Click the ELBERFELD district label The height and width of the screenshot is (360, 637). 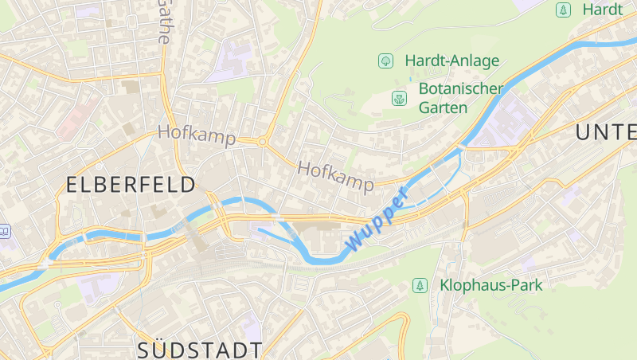[131, 186]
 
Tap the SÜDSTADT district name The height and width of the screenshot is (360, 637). [199, 350]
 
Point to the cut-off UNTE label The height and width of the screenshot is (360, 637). [607, 133]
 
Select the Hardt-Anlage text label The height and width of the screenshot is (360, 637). [451, 61]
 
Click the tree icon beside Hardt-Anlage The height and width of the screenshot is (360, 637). [385, 61]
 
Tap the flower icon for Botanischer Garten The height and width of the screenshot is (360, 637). [398, 99]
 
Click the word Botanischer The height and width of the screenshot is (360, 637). [460, 88]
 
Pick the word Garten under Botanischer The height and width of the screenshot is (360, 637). [443, 108]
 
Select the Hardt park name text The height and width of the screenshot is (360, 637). [602, 10]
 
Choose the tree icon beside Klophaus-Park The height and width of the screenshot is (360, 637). [419, 285]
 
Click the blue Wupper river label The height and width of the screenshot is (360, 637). [376, 217]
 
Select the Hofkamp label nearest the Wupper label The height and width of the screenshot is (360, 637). [335, 177]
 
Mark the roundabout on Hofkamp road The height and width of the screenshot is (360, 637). [262, 142]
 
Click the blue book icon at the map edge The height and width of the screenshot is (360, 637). [4, 231]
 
